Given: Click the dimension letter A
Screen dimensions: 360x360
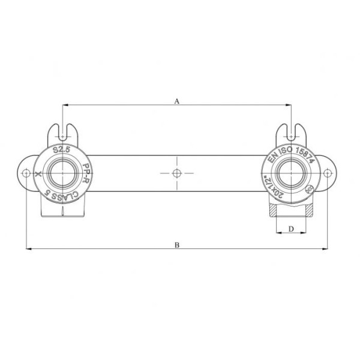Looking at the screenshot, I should click(177, 101).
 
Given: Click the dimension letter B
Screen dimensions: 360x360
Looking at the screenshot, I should click(177, 244).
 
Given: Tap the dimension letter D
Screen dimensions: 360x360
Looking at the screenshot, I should click(291, 229).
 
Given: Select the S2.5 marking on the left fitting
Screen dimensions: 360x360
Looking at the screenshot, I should click(62, 150).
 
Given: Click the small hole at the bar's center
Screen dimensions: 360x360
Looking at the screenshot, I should click(176, 173).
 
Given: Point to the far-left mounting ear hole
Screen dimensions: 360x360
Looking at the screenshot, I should click(26, 173).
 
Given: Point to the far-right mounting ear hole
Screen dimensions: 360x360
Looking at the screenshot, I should click(327, 173).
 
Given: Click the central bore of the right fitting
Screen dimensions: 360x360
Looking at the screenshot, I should click(292, 173).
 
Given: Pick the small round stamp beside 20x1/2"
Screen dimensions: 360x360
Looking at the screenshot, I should click(310, 188).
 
